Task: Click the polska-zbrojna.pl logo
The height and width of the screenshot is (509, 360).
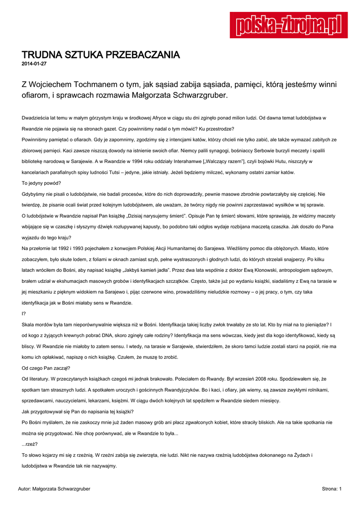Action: click(288, 24)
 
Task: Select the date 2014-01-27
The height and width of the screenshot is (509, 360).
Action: click(34, 64)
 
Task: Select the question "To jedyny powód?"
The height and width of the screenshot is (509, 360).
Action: click(41, 183)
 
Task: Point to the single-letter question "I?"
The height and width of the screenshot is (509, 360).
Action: click(24, 313)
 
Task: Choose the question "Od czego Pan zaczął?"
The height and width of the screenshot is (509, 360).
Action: click(46, 368)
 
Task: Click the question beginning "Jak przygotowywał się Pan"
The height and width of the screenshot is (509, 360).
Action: click(77, 411)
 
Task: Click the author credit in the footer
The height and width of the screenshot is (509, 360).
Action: click(54, 489)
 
